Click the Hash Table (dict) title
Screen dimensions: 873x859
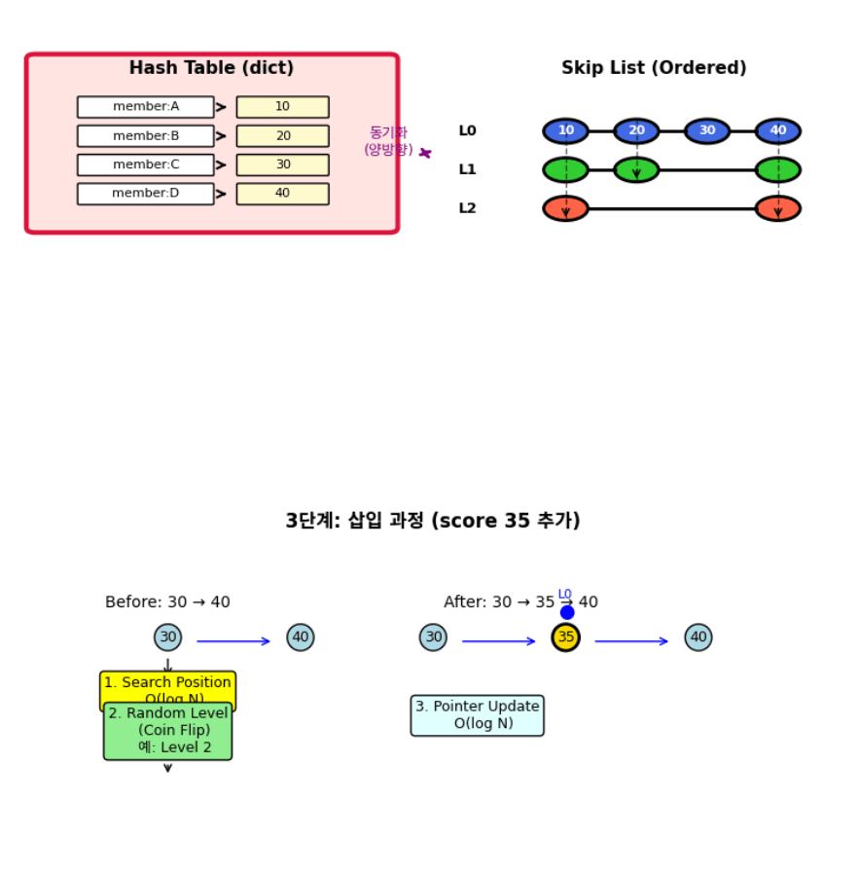click(x=211, y=68)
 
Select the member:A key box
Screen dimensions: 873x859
click(x=146, y=107)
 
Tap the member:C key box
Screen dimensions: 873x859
click(x=146, y=164)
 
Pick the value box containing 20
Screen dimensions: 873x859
click(x=282, y=136)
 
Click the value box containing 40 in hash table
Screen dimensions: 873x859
click(x=282, y=194)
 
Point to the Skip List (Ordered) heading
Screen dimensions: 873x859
click(x=654, y=68)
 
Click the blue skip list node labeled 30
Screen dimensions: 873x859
click(x=707, y=130)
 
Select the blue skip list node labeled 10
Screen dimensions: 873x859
click(x=565, y=130)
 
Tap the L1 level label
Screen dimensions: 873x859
click(x=468, y=169)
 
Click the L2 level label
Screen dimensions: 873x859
click(x=468, y=208)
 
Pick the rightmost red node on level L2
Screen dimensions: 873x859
click(x=777, y=208)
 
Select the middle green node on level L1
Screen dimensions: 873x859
click(x=636, y=169)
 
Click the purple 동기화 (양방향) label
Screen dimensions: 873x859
click(x=388, y=141)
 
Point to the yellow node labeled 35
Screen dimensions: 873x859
click(x=565, y=637)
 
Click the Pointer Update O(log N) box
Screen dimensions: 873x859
click(x=477, y=715)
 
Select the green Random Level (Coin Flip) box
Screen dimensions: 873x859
click(x=167, y=731)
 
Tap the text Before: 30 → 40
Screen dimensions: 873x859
click(x=167, y=602)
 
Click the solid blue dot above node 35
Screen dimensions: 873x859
click(x=567, y=612)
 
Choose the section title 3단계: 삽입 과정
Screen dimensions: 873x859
click(x=432, y=521)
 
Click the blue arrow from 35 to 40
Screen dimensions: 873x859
click(x=631, y=641)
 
